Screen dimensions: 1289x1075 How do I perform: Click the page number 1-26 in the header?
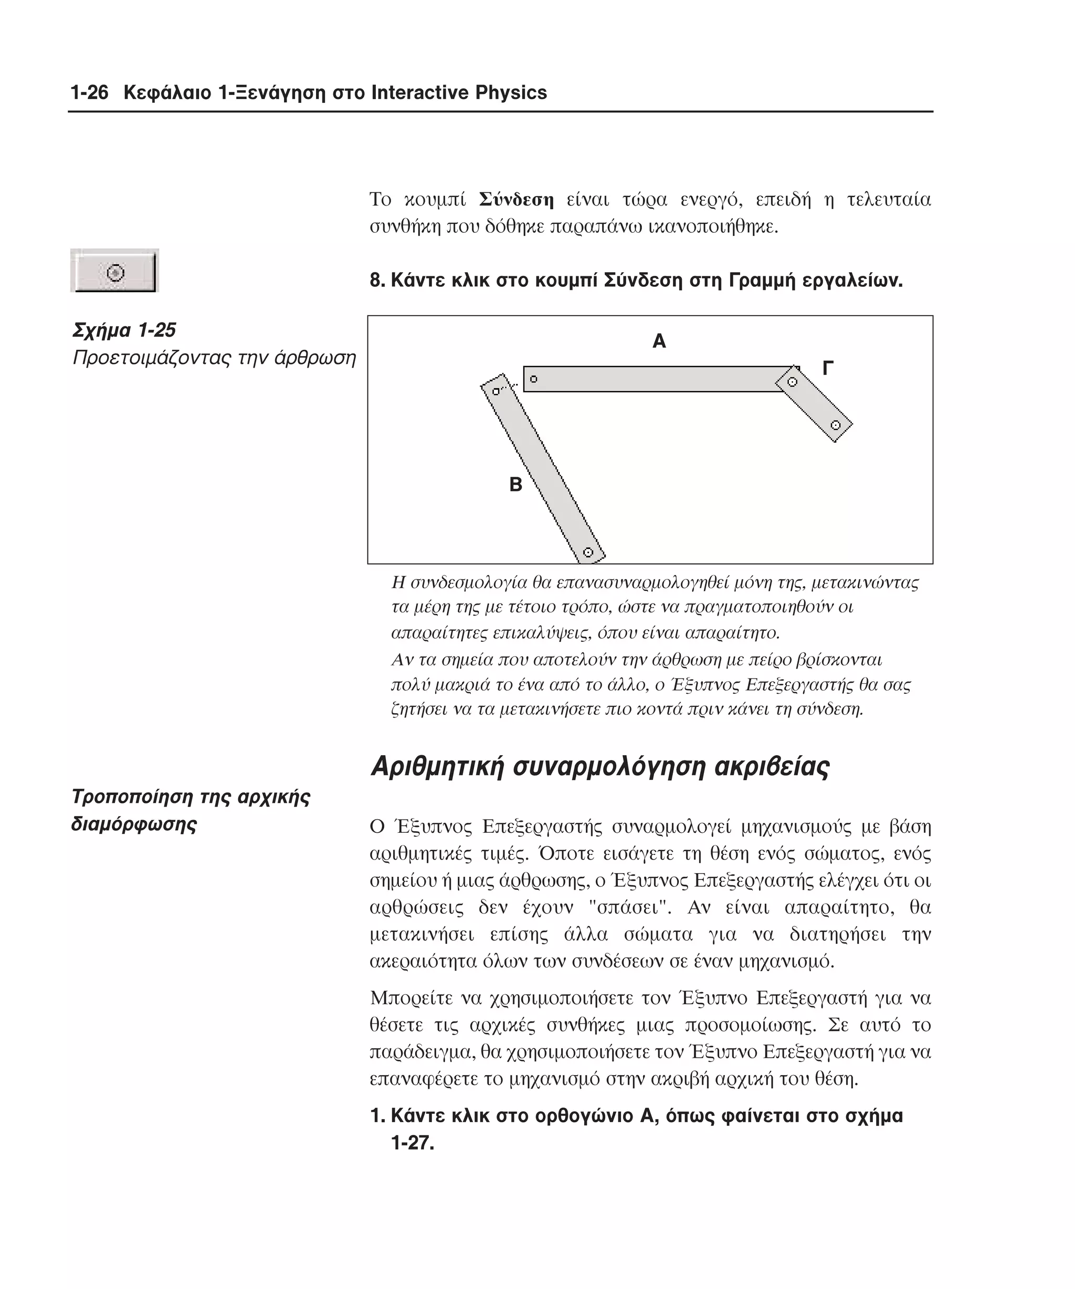[x=89, y=93]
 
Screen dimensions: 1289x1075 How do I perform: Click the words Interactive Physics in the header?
[x=459, y=93]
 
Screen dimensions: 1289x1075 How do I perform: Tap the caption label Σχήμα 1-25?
[x=124, y=330]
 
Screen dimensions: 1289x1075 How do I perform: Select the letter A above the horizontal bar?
[x=659, y=341]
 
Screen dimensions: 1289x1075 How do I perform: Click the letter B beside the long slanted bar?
[x=515, y=485]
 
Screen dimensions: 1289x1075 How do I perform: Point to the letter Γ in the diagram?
[x=827, y=368]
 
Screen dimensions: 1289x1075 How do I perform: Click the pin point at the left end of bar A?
[x=533, y=379]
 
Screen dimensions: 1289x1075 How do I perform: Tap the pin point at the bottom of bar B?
[x=588, y=552]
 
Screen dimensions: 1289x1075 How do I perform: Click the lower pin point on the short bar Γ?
[x=835, y=425]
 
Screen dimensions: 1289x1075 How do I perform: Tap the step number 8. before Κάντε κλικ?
[x=377, y=281]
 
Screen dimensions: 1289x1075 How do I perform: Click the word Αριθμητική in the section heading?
[x=437, y=767]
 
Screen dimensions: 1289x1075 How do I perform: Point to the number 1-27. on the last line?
[x=412, y=1143]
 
